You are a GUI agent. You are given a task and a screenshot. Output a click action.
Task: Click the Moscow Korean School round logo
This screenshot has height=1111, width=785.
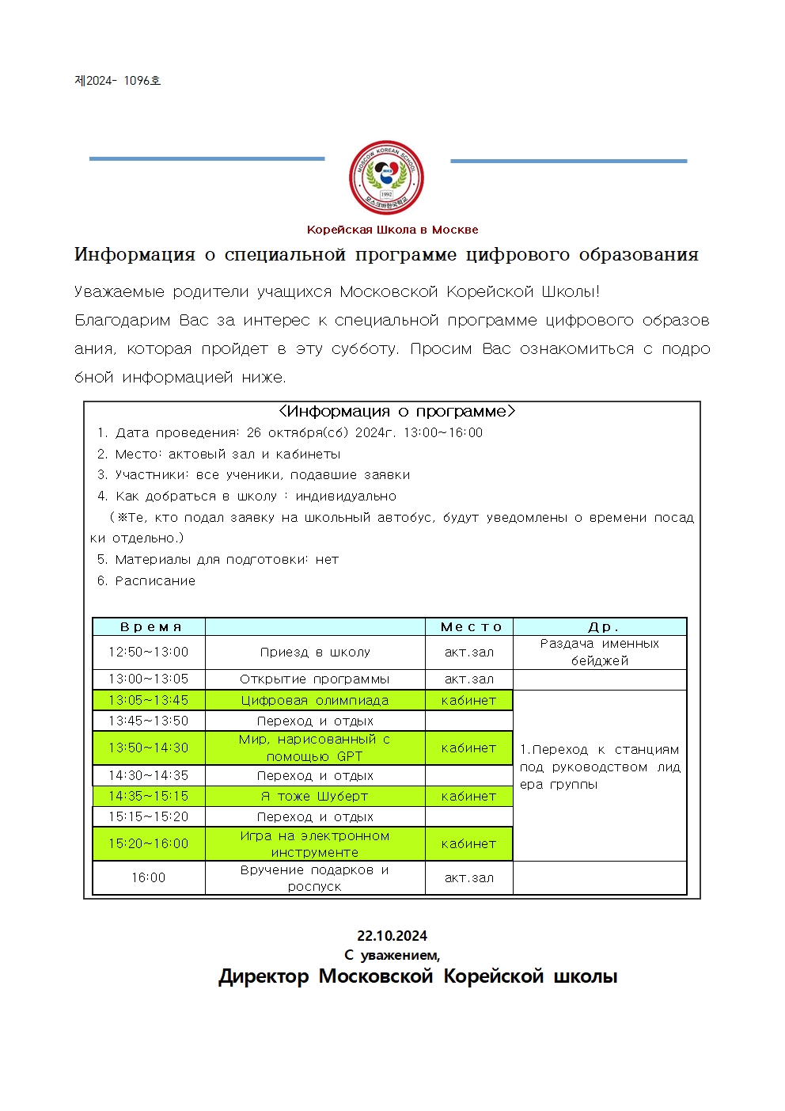pyautogui.click(x=386, y=177)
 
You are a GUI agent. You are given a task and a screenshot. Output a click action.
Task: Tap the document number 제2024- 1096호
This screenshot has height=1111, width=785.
pyautogui.click(x=118, y=81)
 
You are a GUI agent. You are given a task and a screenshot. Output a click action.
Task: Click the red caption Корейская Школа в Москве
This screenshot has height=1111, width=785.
pyautogui.click(x=392, y=230)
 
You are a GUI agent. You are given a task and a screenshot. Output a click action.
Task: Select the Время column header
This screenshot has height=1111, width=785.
pyautogui.click(x=150, y=627)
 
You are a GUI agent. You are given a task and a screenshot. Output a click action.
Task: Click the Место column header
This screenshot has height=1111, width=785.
pyautogui.click(x=470, y=627)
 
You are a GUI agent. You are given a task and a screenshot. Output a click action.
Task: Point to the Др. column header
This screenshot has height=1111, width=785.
pyautogui.click(x=601, y=627)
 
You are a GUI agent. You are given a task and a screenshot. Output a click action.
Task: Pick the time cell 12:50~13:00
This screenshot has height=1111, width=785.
pyautogui.click(x=149, y=653)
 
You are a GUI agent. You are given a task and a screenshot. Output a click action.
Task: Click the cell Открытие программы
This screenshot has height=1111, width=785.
pyautogui.click(x=315, y=679)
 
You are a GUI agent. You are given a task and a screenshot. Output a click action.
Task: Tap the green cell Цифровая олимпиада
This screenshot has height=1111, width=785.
pyautogui.click(x=315, y=700)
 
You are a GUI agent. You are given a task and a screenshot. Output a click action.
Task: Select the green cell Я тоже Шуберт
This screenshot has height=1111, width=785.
pyautogui.click(x=315, y=796)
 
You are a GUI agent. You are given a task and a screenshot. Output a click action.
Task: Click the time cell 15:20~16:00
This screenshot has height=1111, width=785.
pyautogui.click(x=149, y=843)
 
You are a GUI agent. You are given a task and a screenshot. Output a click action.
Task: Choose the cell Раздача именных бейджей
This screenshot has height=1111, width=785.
pyautogui.click(x=600, y=653)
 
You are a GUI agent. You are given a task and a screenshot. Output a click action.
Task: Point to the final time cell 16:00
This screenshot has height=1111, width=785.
pyautogui.click(x=149, y=877)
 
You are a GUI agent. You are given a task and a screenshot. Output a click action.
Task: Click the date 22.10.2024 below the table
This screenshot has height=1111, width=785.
pyautogui.click(x=392, y=935)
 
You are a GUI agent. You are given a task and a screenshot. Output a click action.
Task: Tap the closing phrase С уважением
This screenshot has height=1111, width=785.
pyautogui.click(x=392, y=955)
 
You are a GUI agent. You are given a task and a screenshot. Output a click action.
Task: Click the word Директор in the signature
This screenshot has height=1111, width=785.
pyautogui.click(x=264, y=976)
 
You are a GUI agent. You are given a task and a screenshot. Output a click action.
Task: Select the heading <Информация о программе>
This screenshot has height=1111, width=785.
pyautogui.click(x=396, y=412)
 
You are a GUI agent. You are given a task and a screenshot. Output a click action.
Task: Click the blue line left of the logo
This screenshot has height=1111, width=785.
pyautogui.click(x=207, y=159)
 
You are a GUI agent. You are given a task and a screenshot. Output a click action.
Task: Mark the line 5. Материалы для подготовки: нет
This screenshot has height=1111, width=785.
pyautogui.click(x=218, y=560)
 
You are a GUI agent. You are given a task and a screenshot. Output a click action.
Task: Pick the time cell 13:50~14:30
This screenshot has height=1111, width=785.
pyautogui.click(x=149, y=748)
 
